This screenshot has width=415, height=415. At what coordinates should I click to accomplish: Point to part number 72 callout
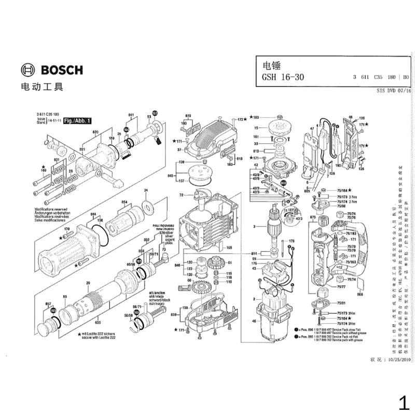click(x=182, y=195)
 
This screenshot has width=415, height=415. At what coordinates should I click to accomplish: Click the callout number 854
click(x=124, y=202)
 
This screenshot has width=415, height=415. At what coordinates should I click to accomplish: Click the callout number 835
click(x=98, y=322)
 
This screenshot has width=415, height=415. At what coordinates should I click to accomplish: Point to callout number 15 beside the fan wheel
click(x=256, y=128)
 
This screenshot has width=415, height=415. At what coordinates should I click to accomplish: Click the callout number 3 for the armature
click(x=254, y=227)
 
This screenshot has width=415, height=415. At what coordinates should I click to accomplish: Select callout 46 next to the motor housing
click(x=254, y=322)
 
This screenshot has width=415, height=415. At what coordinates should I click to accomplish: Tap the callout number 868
click(x=361, y=294)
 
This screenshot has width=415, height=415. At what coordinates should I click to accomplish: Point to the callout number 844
click(x=93, y=214)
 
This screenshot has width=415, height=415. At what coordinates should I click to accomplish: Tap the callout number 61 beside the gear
click(x=229, y=263)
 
